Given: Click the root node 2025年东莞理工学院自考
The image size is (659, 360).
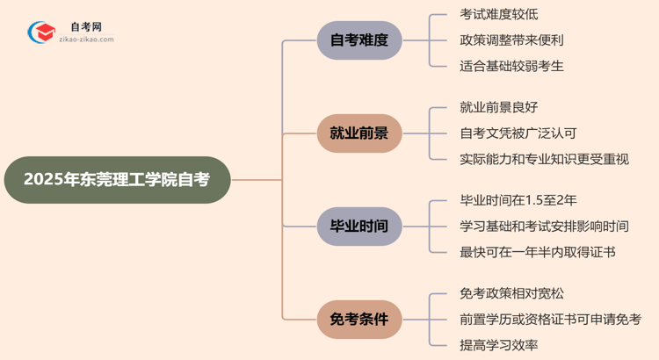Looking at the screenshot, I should pos(117,180).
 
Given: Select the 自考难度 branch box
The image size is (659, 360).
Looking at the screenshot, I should pos(358,40).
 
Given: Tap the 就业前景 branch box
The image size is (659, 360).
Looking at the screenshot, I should pos(358,133).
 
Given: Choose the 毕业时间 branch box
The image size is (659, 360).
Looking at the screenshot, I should pos(358,226).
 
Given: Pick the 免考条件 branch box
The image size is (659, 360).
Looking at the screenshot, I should pos(358,320).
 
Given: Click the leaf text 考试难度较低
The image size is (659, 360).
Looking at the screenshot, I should pos(499,14).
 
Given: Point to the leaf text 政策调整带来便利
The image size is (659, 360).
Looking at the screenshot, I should pos(511,40).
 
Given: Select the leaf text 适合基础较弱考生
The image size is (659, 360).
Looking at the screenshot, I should pos(511,65).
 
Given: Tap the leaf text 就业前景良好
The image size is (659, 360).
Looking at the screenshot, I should pos(499,107).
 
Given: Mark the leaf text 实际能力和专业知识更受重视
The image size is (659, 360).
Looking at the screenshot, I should pos(544,159).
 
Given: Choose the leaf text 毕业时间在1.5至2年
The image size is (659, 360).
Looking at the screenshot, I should pos(518,201).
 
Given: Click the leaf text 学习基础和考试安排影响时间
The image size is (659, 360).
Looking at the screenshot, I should pos(544,227).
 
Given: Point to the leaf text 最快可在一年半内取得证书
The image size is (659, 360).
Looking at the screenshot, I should pos(537,252).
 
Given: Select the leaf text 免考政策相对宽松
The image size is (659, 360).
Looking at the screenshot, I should pos(511,293).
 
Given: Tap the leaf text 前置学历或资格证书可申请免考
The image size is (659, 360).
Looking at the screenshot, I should pos(550,320).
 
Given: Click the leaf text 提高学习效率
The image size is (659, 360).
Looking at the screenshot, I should pos(499,345).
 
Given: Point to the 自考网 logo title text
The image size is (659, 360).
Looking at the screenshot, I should pos(86,27).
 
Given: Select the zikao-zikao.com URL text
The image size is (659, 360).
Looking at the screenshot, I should pos(86,40).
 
